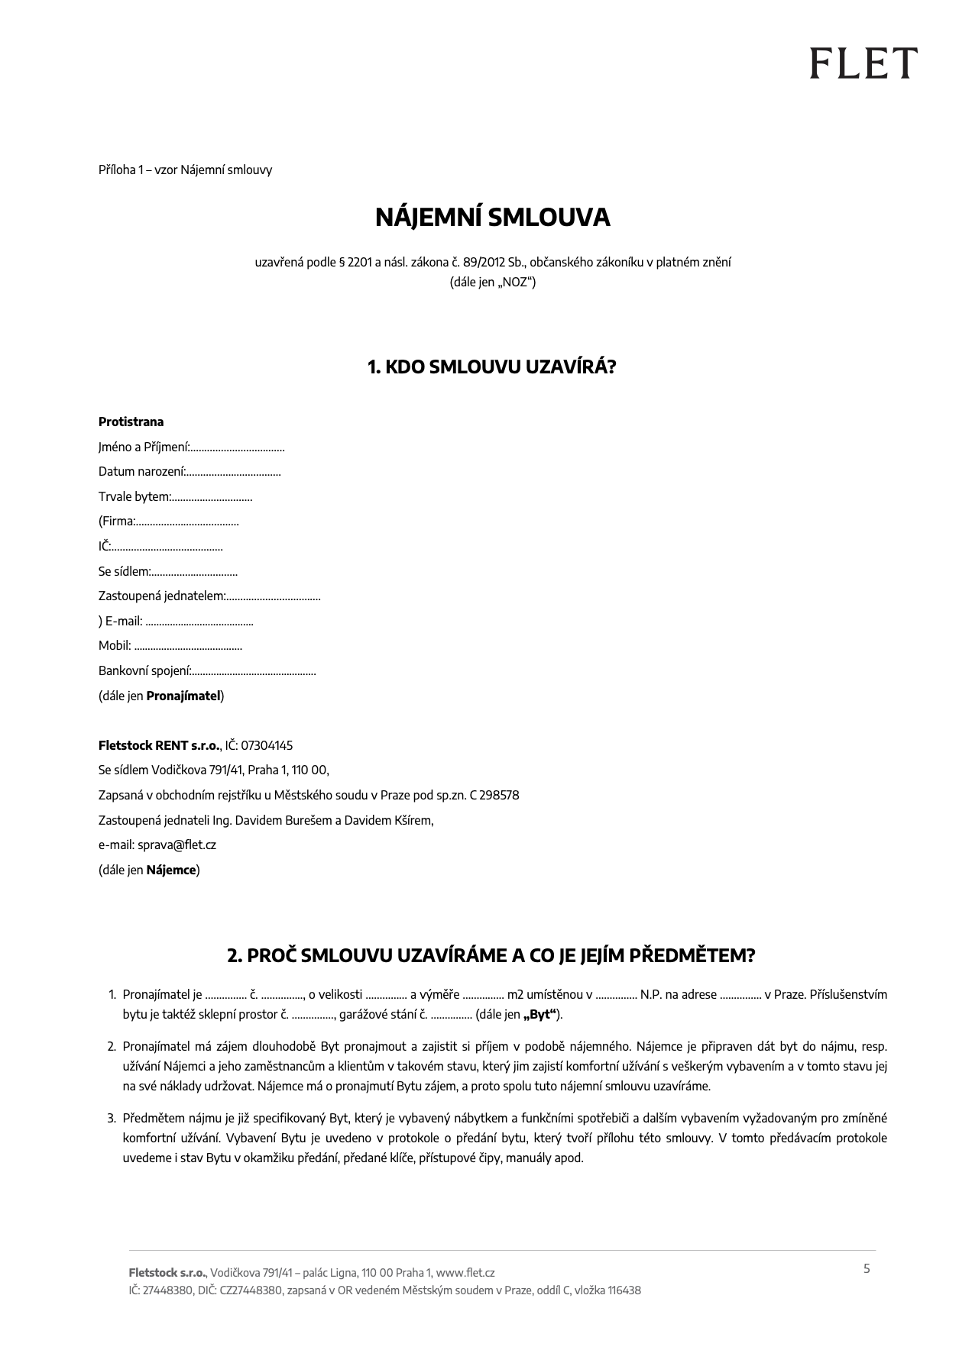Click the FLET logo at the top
click(x=863, y=63)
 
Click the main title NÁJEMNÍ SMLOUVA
click(x=492, y=218)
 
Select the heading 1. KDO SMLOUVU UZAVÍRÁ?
click(x=491, y=367)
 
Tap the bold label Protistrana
click(x=131, y=421)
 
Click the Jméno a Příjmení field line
click(x=237, y=447)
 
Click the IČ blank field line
click(x=167, y=547)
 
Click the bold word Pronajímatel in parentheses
click(x=183, y=696)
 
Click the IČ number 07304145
click(x=267, y=745)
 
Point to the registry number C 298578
click(x=494, y=795)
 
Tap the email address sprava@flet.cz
click(x=177, y=845)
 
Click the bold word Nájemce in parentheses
click(x=171, y=870)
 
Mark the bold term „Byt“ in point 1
click(x=539, y=1015)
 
